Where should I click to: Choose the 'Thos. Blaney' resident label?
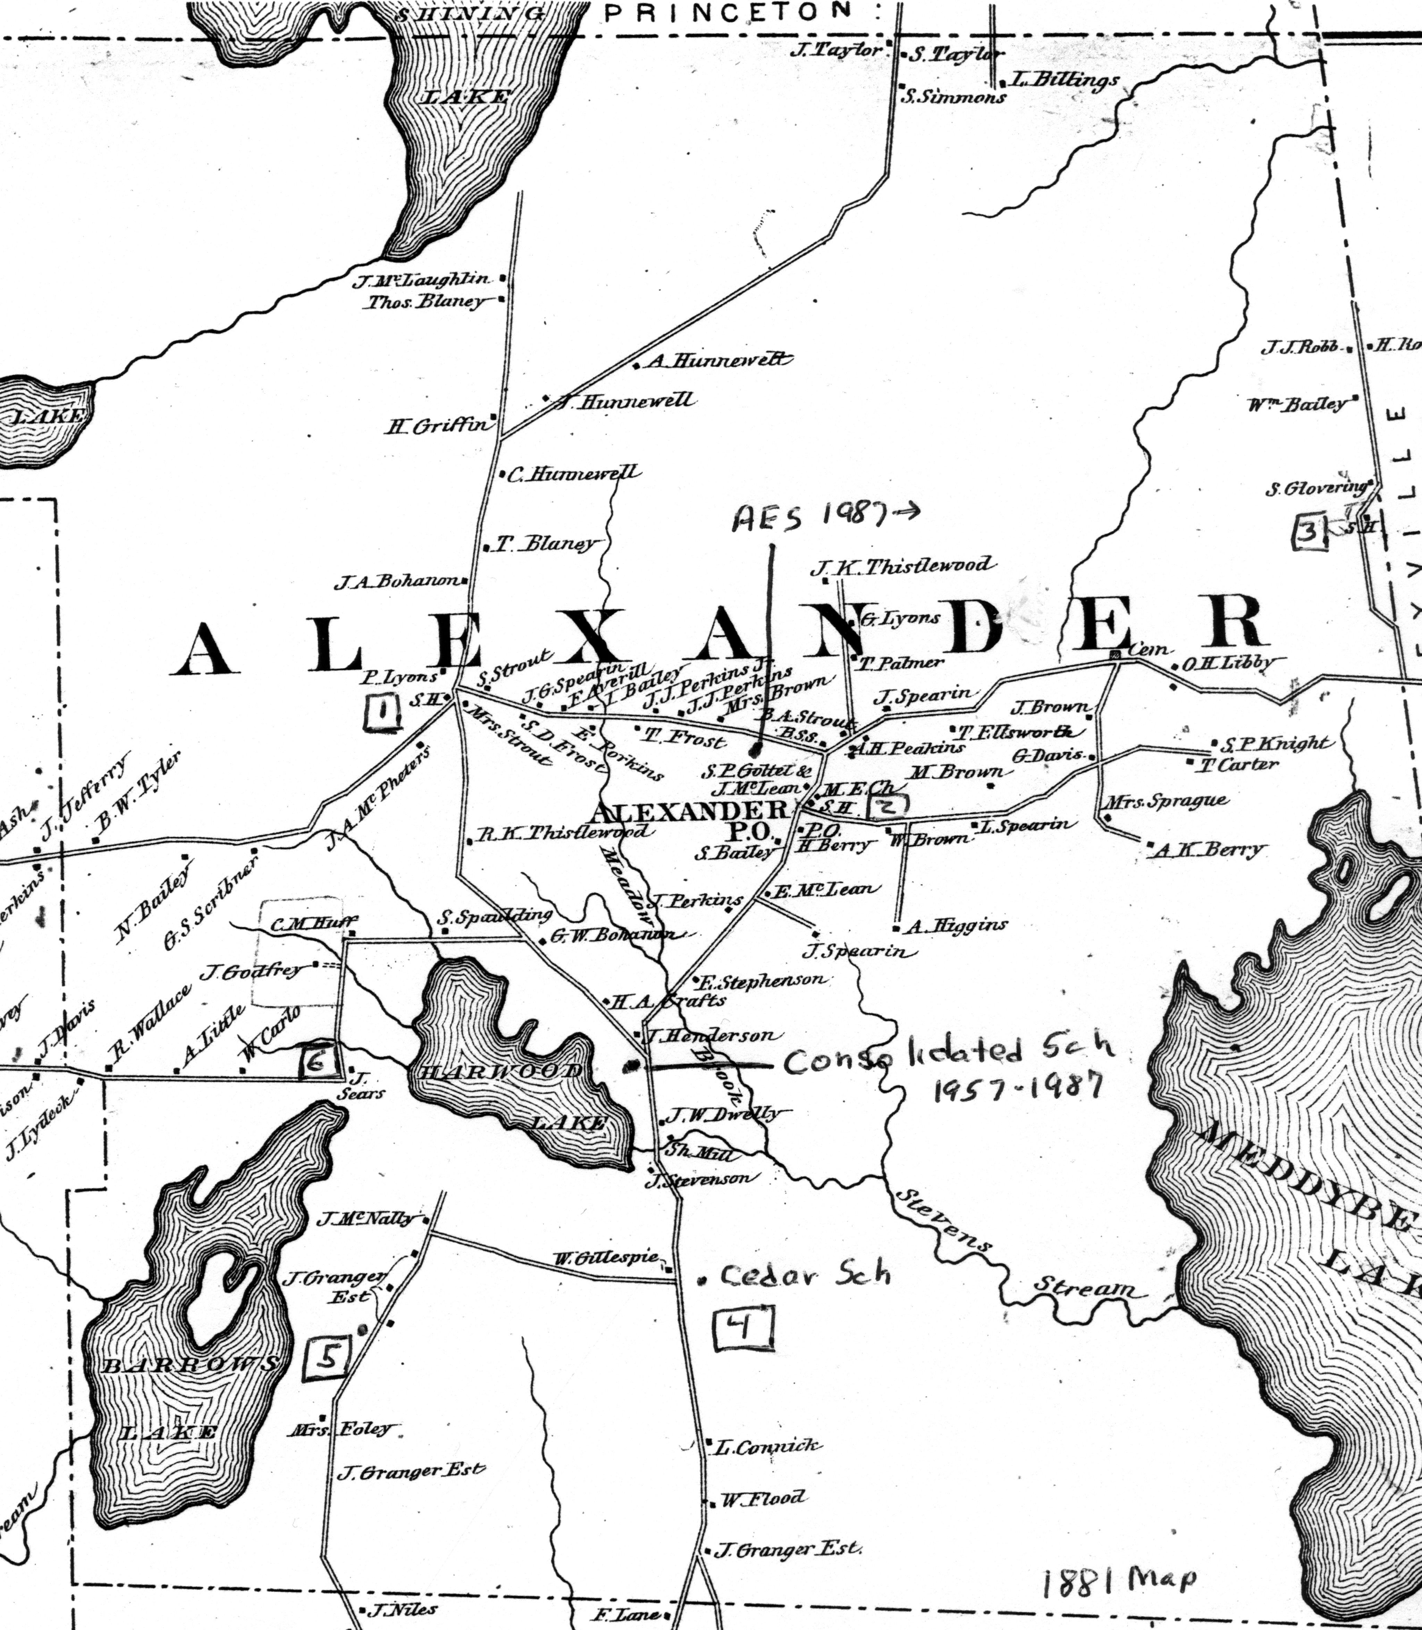(x=424, y=302)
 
